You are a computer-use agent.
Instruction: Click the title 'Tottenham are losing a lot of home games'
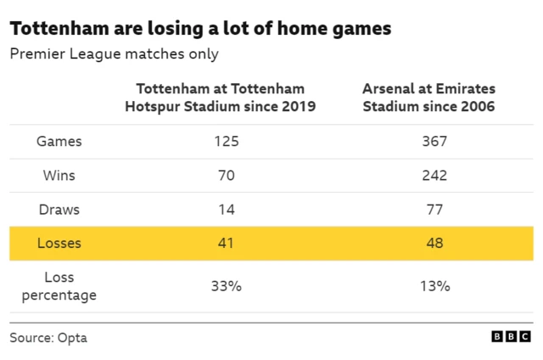click(x=200, y=29)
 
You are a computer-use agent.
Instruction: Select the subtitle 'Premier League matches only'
click(x=114, y=54)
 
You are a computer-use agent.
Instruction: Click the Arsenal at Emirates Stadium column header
click(x=428, y=98)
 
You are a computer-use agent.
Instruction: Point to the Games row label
click(x=59, y=142)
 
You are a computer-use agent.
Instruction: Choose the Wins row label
click(x=59, y=176)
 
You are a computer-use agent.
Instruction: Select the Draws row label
click(x=59, y=209)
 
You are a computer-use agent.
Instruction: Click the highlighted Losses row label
click(x=59, y=244)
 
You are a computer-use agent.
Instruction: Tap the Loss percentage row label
click(x=59, y=286)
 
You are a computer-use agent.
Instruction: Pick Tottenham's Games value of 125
click(x=227, y=142)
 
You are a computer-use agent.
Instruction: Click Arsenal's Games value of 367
click(x=434, y=142)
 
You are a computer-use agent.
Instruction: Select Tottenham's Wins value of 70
click(x=227, y=176)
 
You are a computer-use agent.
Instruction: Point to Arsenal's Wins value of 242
click(x=434, y=176)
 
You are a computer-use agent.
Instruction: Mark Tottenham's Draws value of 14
click(x=227, y=209)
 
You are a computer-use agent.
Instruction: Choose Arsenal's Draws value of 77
click(x=434, y=209)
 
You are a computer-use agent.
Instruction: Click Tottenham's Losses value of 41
click(x=227, y=244)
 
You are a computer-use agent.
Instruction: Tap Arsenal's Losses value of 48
click(x=434, y=244)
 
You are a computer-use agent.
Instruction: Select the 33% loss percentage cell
click(x=227, y=286)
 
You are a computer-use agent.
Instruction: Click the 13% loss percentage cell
click(x=434, y=286)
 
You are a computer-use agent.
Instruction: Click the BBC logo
click(x=511, y=337)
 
